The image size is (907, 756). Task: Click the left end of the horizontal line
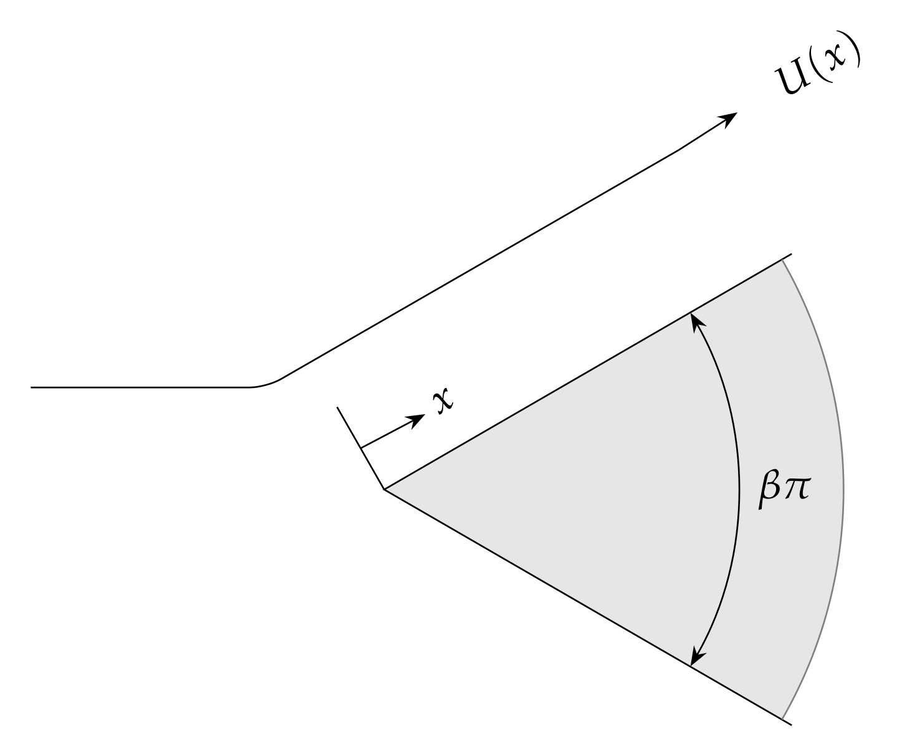32,387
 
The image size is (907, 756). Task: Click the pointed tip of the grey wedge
385,490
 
